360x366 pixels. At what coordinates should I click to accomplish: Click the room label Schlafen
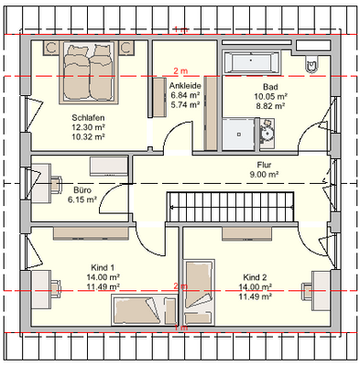click(88, 117)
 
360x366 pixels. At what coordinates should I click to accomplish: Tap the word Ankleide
click(185, 85)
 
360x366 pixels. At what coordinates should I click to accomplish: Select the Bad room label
click(270, 87)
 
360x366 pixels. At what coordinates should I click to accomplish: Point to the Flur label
click(264, 165)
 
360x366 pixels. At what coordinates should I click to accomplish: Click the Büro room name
click(82, 190)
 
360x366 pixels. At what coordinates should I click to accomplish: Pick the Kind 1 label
click(103, 267)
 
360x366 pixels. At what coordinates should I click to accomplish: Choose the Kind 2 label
click(255, 277)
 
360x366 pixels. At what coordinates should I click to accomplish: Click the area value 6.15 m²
click(82, 199)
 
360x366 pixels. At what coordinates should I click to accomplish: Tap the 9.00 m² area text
click(264, 175)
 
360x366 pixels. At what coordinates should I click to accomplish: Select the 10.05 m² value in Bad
click(270, 96)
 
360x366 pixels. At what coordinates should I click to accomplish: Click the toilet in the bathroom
click(311, 64)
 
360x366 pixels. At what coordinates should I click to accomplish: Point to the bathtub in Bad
click(251, 62)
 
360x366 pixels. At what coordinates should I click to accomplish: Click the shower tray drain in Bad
click(239, 134)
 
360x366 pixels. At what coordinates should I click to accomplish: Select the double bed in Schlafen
click(89, 72)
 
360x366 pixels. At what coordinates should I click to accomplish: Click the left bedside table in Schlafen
click(50, 48)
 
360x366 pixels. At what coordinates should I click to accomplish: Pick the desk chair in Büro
click(56, 185)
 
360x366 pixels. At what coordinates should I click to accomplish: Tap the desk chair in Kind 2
click(307, 291)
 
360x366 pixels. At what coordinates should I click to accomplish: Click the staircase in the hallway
click(231, 207)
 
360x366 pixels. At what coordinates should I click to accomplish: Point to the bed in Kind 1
click(144, 310)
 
